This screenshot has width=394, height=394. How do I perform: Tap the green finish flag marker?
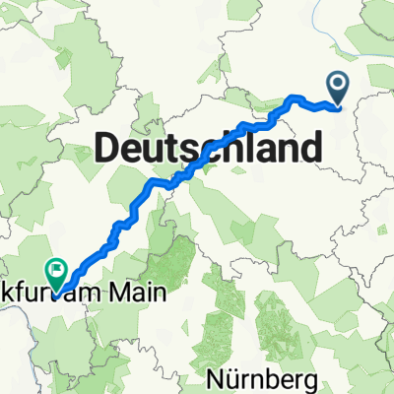56,268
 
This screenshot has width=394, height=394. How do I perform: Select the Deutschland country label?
208,150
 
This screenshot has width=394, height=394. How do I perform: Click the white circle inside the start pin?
339,85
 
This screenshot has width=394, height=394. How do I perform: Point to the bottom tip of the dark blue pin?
339,105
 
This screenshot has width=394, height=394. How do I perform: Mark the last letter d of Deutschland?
310,150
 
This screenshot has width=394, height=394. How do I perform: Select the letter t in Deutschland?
166,150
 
